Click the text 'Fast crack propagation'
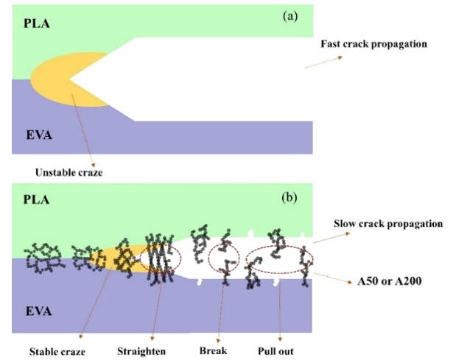373,44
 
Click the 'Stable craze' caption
54,351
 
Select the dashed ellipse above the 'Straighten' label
161,260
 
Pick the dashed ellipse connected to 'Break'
224,260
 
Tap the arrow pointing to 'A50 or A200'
329,278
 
